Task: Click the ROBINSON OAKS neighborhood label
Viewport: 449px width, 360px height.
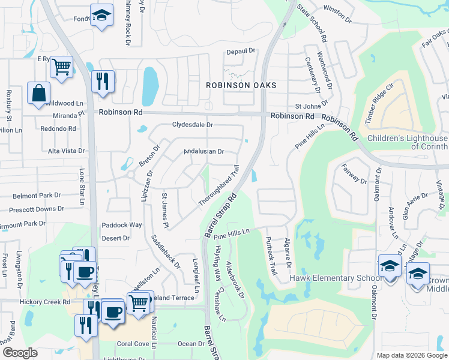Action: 241,85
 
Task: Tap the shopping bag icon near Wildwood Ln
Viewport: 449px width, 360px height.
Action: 38,94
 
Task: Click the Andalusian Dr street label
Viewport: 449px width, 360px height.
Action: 203,152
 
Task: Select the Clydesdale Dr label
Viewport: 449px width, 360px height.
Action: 192,125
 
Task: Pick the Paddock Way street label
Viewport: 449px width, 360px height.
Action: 121,225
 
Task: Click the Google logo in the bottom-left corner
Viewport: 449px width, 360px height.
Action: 20,353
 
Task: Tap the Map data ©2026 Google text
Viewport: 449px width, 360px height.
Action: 411,355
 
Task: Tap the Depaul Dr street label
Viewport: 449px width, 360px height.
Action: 241,52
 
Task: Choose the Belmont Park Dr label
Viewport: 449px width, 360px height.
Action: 38,196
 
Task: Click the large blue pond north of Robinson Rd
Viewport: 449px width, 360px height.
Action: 150,85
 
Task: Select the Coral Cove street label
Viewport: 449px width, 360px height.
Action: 133,344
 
